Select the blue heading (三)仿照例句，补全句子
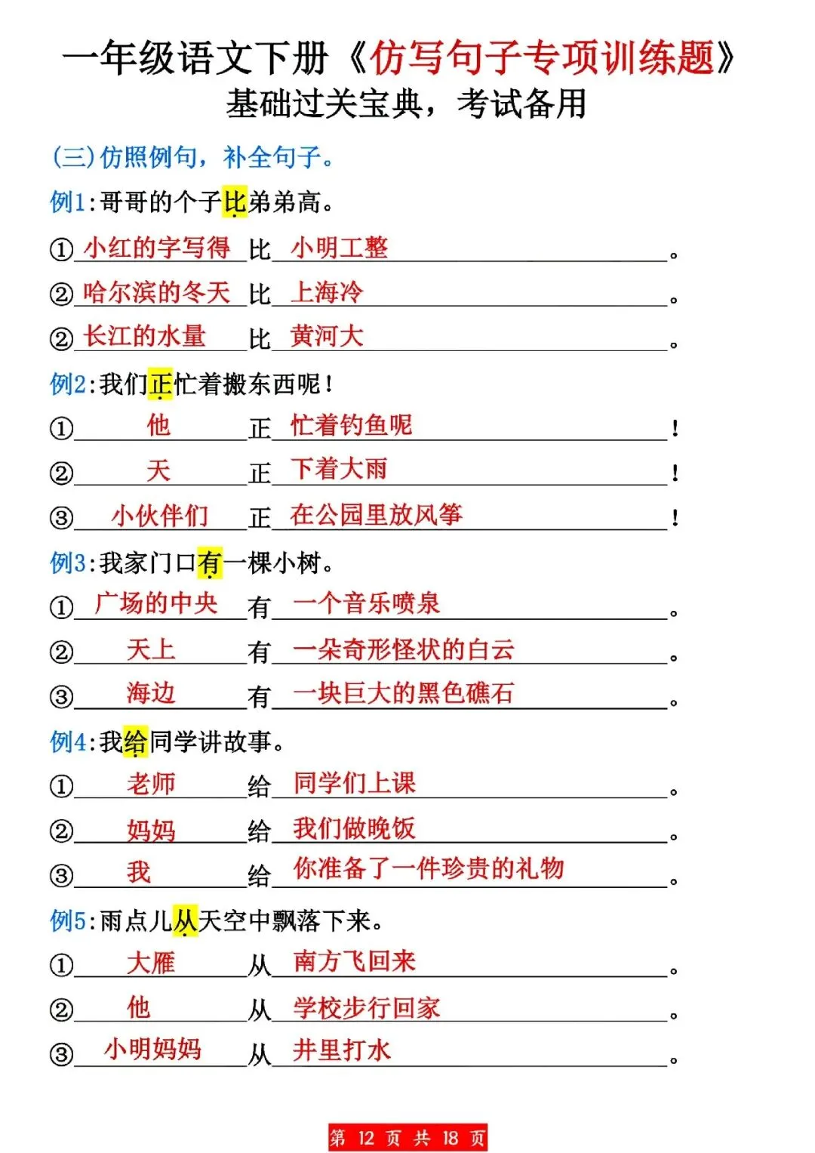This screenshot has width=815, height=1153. click(x=192, y=157)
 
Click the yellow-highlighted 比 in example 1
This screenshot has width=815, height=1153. click(x=235, y=202)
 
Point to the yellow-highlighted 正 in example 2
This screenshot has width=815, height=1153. click(x=160, y=384)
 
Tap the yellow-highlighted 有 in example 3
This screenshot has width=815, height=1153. click(x=210, y=563)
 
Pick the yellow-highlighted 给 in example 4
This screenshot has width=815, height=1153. click(x=135, y=741)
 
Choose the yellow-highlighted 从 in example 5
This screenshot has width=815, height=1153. click(x=185, y=920)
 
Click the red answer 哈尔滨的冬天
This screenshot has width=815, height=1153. click(x=157, y=292)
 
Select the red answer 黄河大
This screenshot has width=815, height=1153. click(x=327, y=336)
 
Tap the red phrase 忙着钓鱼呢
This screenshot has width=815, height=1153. click(x=352, y=425)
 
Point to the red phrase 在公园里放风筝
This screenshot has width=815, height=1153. click(x=376, y=515)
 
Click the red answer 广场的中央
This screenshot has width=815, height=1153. click(x=156, y=603)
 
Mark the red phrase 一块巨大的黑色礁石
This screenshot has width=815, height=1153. click(x=403, y=693)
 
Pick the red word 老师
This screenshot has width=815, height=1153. click(x=151, y=783)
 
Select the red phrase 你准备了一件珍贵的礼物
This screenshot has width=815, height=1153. click(x=429, y=868)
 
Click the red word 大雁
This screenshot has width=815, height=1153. click(x=151, y=962)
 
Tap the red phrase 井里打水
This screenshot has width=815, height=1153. click(x=342, y=1050)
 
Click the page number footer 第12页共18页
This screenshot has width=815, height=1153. click(x=407, y=1138)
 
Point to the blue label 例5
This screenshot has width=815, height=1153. click(x=68, y=920)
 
